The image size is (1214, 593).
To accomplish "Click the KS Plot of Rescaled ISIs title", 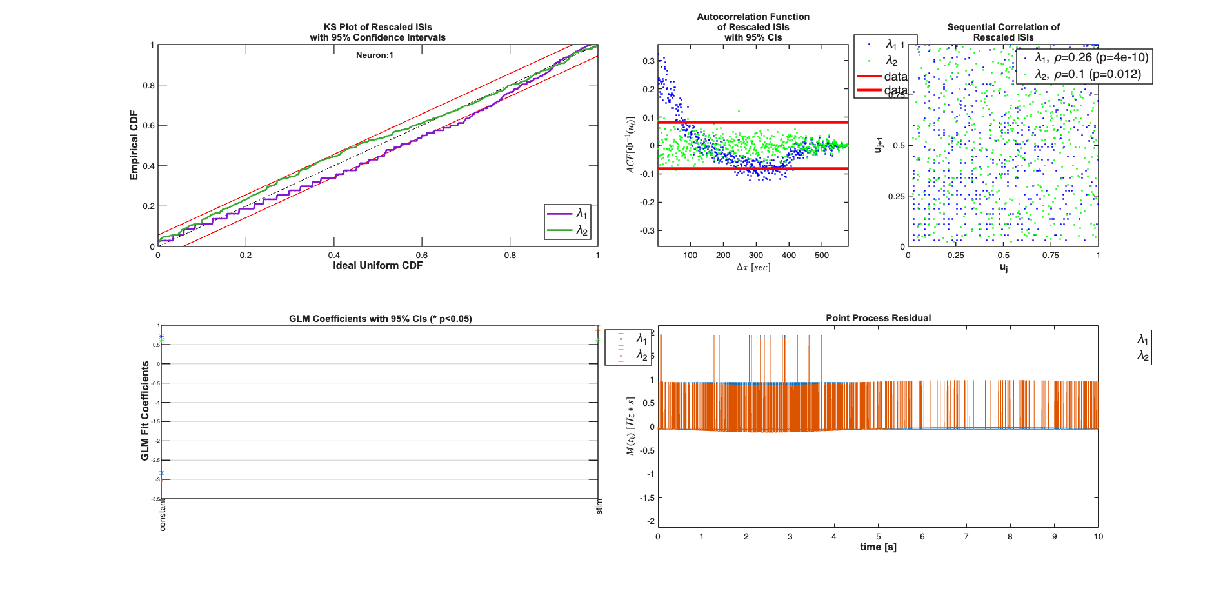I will pos(377,27).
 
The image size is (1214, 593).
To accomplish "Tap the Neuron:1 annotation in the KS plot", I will pos(374,55).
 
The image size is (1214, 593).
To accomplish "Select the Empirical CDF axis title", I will pos(134,145).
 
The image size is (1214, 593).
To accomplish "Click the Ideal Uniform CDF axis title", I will pos(377,265).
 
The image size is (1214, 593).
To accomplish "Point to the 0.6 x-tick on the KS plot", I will pos(421,256).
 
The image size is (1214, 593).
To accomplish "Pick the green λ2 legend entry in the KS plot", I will pos(568,230).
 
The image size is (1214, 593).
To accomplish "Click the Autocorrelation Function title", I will pos(753,17).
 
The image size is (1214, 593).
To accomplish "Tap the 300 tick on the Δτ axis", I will pos(756,256).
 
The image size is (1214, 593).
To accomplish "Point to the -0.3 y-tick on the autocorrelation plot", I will pos(647,230).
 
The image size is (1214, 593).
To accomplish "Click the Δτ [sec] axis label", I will pos(753,267).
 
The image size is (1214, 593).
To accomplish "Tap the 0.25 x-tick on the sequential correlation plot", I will pos(955,256).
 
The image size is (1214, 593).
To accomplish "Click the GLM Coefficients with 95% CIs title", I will pos(380,319).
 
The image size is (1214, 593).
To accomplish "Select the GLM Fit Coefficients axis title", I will pos(145,411).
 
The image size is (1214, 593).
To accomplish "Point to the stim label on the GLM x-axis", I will pos(599,507).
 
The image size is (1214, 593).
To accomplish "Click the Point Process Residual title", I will pos(878,318).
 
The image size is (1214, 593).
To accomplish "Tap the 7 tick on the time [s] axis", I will pos(966,536).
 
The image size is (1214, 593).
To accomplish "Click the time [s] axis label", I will pos(878,547).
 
